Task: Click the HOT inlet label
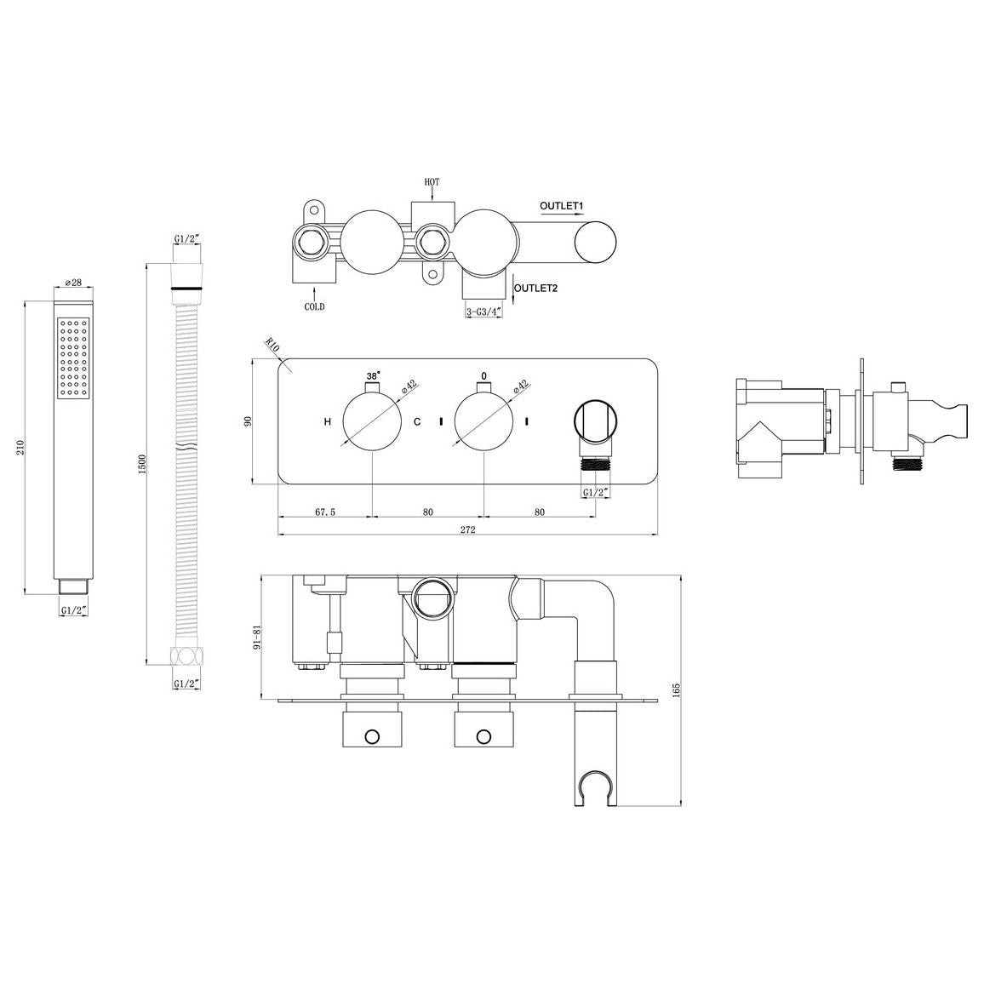tap(432, 182)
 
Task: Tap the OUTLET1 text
tap(560, 206)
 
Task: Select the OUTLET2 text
tap(535, 288)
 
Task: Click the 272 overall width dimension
tap(467, 529)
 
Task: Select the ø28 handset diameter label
tap(72, 284)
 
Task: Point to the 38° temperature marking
tap(373, 375)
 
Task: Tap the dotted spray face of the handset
tap(72, 358)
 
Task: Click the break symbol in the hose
tap(186, 447)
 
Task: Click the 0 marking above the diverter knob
tap(483, 375)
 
